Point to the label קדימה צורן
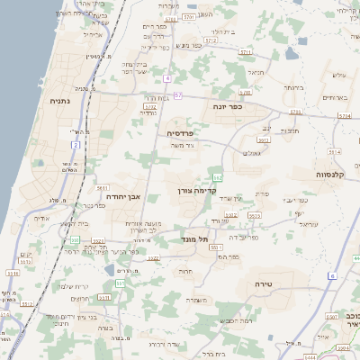[x=193, y=191]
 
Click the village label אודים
[x=40, y=218]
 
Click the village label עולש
[x=338, y=75]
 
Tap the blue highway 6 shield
[x=331, y=275]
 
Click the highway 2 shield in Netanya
[x=76, y=144]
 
